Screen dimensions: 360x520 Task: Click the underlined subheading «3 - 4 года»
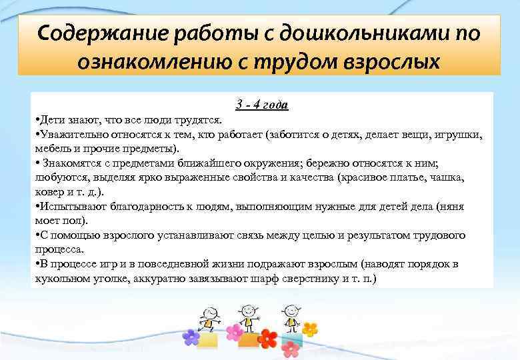[x=261, y=105]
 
